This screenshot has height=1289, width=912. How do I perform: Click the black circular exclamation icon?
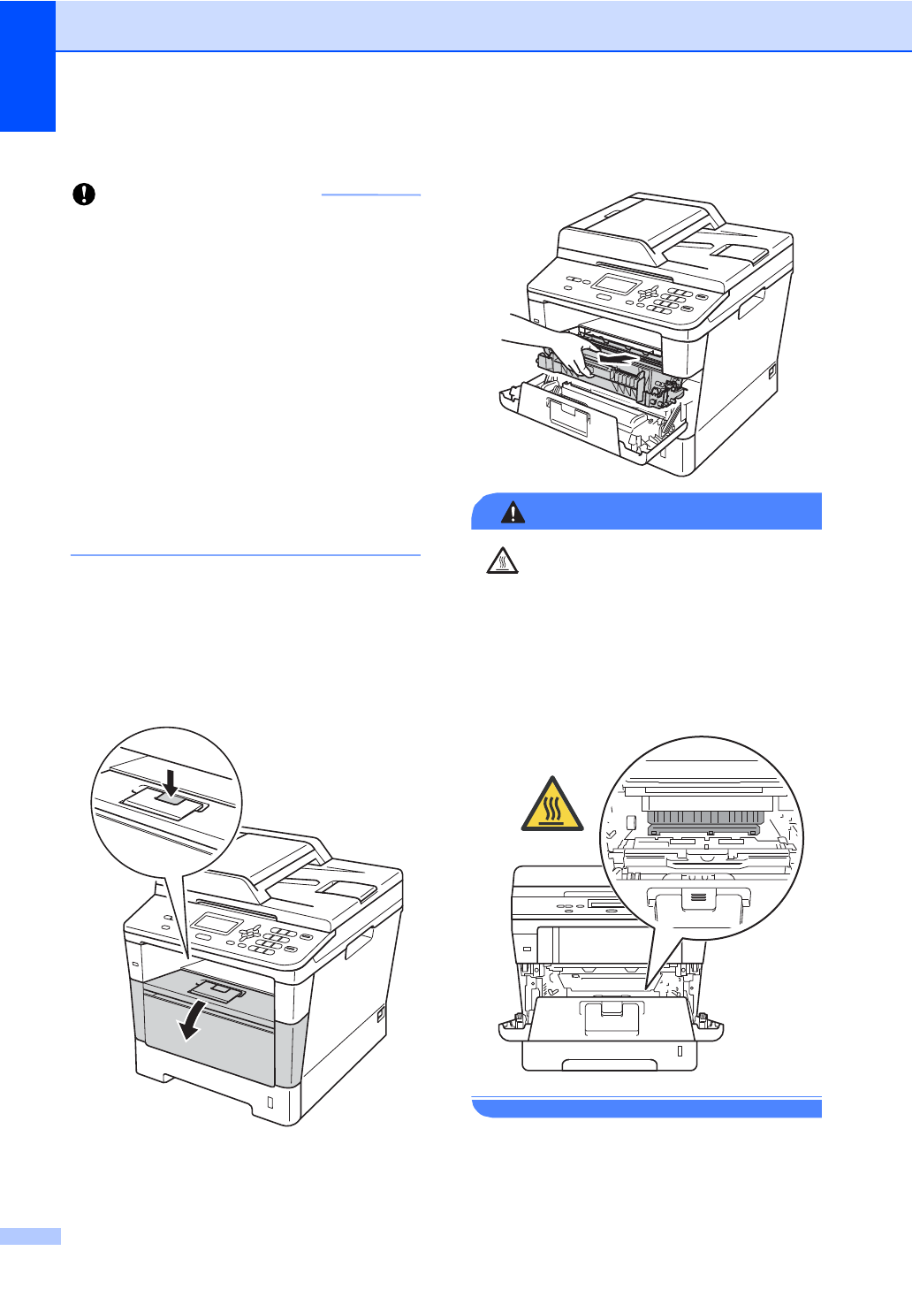(x=84, y=194)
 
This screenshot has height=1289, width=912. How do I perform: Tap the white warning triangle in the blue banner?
(x=513, y=512)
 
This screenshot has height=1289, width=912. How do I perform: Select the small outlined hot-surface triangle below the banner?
(x=502, y=561)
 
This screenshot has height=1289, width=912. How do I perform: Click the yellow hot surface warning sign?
(x=552, y=805)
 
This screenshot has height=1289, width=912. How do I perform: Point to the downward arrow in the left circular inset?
(x=171, y=783)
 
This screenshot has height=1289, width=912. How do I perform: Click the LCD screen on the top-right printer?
(x=617, y=285)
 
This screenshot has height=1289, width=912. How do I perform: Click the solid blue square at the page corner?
(x=27, y=65)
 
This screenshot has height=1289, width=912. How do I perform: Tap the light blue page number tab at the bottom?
(x=30, y=1236)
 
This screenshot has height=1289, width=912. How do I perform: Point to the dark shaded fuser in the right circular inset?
(x=703, y=821)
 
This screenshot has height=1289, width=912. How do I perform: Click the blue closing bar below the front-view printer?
(x=647, y=1108)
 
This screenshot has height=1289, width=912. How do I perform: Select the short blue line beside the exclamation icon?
(x=370, y=194)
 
